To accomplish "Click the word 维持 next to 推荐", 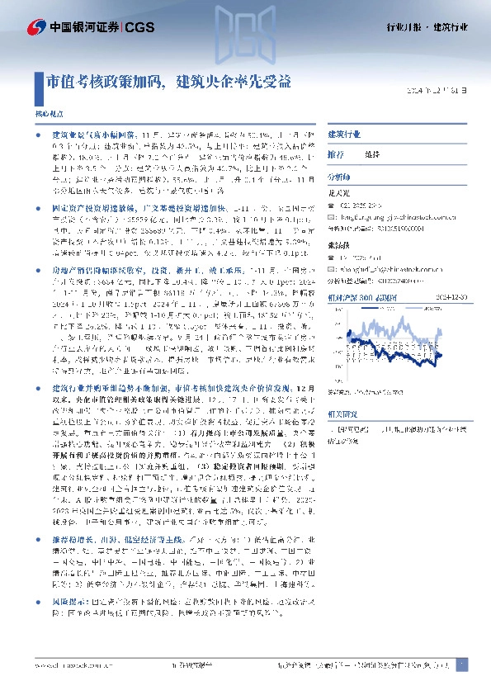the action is click(371, 154).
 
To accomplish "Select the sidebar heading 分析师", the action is click(339, 177).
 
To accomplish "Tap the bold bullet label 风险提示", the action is click(68, 626).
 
